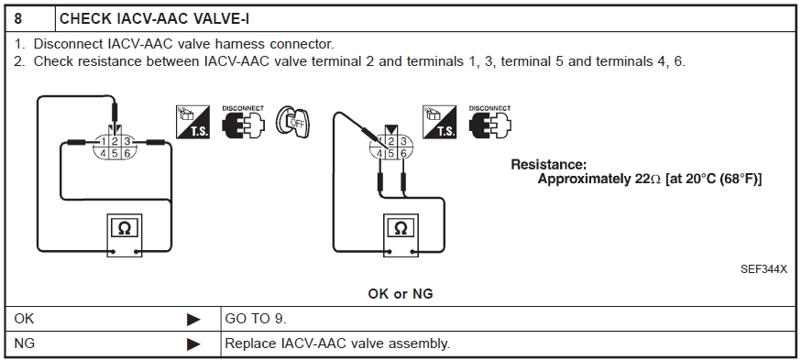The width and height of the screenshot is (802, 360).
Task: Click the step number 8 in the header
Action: [x=18, y=19]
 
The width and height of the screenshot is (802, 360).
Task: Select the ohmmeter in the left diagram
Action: [x=125, y=235]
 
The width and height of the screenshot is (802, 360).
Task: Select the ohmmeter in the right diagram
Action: [x=401, y=235]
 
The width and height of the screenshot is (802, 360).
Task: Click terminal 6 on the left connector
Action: [x=127, y=153]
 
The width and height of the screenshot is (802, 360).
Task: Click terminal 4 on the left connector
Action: [x=104, y=153]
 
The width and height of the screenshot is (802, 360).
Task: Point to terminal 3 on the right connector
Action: [x=403, y=142]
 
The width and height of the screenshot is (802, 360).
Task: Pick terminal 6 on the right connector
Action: [x=403, y=153]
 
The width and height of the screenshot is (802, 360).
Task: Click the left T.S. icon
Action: [x=192, y=122]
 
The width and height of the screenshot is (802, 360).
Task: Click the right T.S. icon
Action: [x=439, y=122]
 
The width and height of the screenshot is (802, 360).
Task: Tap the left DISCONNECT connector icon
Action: [x=243, y=122]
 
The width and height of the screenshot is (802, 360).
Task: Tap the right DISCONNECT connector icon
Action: [x=490, y=122]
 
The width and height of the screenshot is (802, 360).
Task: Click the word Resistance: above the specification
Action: [x=548, y=165]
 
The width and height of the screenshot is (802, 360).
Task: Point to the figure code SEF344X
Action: [x=764, y=269]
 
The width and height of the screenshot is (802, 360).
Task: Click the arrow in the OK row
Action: [x=193, y=320]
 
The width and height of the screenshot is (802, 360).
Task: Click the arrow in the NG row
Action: [x=193, y=344]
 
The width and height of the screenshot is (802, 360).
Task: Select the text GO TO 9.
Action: [x=257, y=319]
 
